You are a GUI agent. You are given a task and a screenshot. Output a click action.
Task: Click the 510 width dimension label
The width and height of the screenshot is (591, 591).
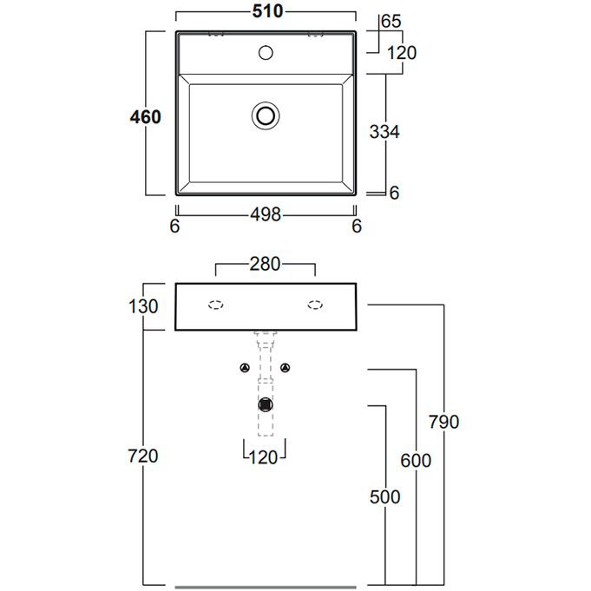coord(267,11)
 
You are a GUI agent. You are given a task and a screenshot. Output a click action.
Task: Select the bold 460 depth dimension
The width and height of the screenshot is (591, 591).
coord(146,117)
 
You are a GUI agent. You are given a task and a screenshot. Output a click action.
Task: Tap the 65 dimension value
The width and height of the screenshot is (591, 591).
coord(391,21)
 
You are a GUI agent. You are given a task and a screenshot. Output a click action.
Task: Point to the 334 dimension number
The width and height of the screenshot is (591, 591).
coord(384,132)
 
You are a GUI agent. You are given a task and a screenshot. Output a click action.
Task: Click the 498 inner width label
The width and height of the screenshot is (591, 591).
coord(266,215)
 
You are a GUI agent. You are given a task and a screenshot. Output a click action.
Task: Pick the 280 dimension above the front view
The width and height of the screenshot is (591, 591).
coord(265,264)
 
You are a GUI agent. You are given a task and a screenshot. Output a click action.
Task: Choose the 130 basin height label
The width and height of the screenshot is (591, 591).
coord(143,306)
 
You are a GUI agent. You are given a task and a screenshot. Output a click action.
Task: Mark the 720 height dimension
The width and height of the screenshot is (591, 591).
coord(143,456)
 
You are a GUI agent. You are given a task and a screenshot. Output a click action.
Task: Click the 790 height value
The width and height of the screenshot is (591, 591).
coord(444,422)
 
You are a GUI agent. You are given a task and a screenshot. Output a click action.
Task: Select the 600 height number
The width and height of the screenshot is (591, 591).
coord(416,461)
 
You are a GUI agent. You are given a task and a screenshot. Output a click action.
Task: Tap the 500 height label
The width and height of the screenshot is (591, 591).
coord(384,496)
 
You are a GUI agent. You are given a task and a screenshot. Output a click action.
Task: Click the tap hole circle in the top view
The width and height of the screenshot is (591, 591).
coord(266,53)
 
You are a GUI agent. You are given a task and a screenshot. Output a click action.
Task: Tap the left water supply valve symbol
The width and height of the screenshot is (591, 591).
coord(245,367)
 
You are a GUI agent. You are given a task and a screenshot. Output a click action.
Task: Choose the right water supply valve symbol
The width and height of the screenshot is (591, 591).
coord(286,367)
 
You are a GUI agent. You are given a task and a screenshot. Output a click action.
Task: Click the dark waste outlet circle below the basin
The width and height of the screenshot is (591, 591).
coord(266,404)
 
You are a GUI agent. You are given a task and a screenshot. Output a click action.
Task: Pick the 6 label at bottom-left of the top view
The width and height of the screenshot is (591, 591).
coord(175,227)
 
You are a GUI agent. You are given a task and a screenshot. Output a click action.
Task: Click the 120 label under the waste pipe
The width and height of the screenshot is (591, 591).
coord(264,458)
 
